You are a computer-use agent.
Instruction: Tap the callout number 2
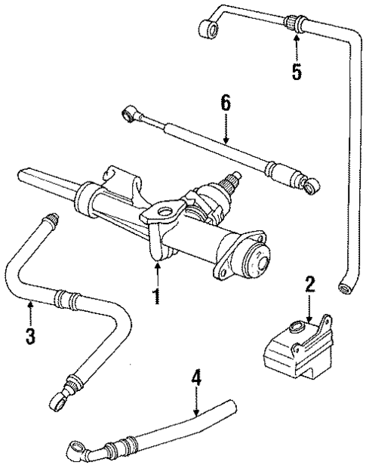coord(309,285)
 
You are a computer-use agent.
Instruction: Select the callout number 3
coord(29,334)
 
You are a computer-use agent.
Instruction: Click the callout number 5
coord(297,72)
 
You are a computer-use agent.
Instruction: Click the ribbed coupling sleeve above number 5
coord(296,24)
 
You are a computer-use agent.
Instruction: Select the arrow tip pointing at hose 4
coord(195,417)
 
